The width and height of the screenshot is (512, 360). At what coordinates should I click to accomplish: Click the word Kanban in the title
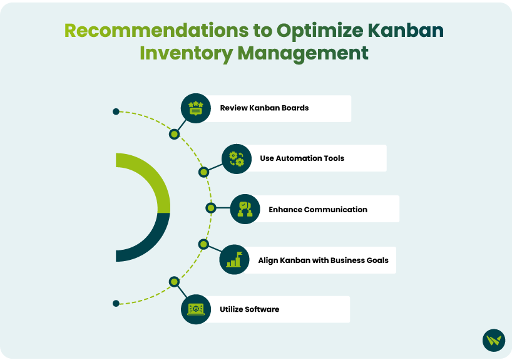coord(406,31)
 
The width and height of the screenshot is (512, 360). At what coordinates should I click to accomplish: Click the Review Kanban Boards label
coord(264,108)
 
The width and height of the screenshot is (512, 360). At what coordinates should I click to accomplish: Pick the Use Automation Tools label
coord(302,158)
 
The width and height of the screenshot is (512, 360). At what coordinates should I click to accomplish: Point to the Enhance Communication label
coord(318,209)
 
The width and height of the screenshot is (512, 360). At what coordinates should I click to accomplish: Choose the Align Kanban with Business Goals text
coord(323,260)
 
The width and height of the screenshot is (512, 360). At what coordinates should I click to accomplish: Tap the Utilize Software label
coord(250,309)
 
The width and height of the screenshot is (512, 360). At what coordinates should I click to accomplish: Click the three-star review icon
coord(195,108)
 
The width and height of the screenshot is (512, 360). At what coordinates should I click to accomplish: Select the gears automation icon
coord(237,159)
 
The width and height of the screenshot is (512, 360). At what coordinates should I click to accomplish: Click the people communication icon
coord(245,209)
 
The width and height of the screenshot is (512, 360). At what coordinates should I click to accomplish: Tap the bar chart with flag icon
coord(234,259)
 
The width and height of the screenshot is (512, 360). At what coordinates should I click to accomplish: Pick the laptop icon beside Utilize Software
coord(195,309)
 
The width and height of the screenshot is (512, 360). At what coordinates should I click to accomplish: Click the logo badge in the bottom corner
coord(494,340)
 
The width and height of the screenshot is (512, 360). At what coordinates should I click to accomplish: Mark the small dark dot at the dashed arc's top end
coord(116,111)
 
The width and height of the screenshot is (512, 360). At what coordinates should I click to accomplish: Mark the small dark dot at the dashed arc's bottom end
coord(116,304)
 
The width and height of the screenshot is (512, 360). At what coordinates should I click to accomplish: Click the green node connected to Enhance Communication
coord(211,208)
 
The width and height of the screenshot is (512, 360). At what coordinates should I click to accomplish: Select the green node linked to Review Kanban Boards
coord(175,134)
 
